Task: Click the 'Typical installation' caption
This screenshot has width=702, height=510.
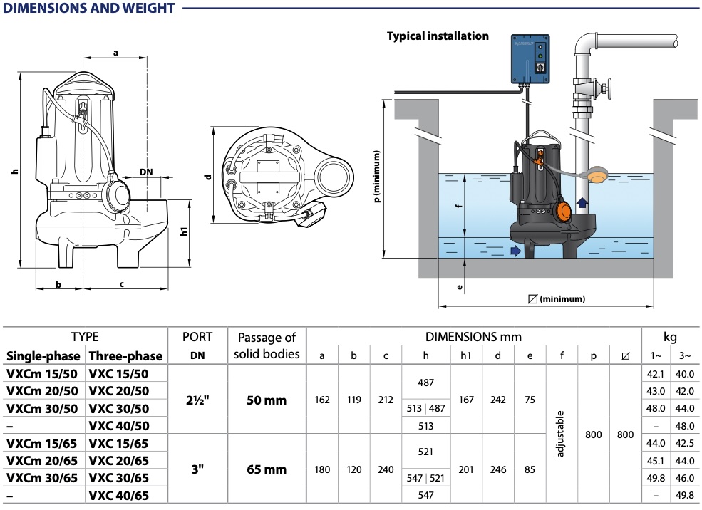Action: (x=438, y=36)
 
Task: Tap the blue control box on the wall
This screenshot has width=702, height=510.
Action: (x=532, y=60)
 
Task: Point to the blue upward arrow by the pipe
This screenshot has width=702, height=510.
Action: (x=582, y=203)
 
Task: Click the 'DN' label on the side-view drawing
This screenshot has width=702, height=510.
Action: (x=146, y=172)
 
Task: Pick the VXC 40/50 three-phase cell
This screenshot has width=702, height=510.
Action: (x=118, y=425)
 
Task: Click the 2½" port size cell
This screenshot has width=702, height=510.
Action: (x=195, y=400)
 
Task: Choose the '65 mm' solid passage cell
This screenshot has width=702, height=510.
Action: (x=266, y=469)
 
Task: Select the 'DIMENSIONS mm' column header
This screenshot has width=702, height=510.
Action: (x=473, y=336)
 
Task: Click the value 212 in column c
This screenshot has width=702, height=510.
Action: (x=386, y=400)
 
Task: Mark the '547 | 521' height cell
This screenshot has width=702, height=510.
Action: (x=425, y=478)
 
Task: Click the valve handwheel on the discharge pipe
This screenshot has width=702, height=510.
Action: (x=606, y=89)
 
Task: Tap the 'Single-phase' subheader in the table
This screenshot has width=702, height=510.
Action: (x=42, y=355)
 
